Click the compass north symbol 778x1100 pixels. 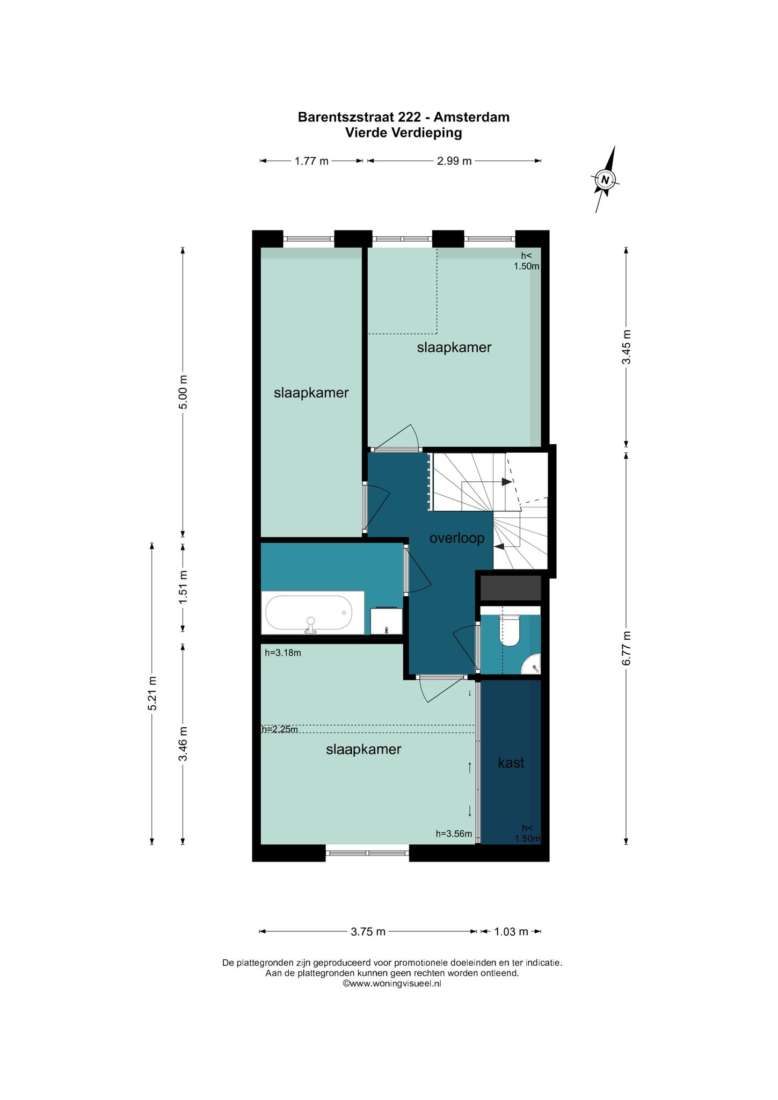pos(605,179)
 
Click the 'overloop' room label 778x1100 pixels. pos(457,538)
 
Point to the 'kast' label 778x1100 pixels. pos(511,763)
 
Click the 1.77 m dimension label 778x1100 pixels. pos(311,161)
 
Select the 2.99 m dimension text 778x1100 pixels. pos(454,161)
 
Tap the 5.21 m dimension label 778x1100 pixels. pos(152,693)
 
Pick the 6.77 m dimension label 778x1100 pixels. pos(626,648)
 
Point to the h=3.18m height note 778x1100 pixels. pos(283,653)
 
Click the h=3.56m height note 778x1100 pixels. pos(454,834)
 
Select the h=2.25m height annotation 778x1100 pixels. pos(279,729)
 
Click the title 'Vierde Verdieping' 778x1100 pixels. pos(404,133)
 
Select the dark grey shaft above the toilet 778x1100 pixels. pos(510,588)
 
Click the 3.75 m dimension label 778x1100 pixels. pos(368,931)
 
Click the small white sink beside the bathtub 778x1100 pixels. pos(387,621)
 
